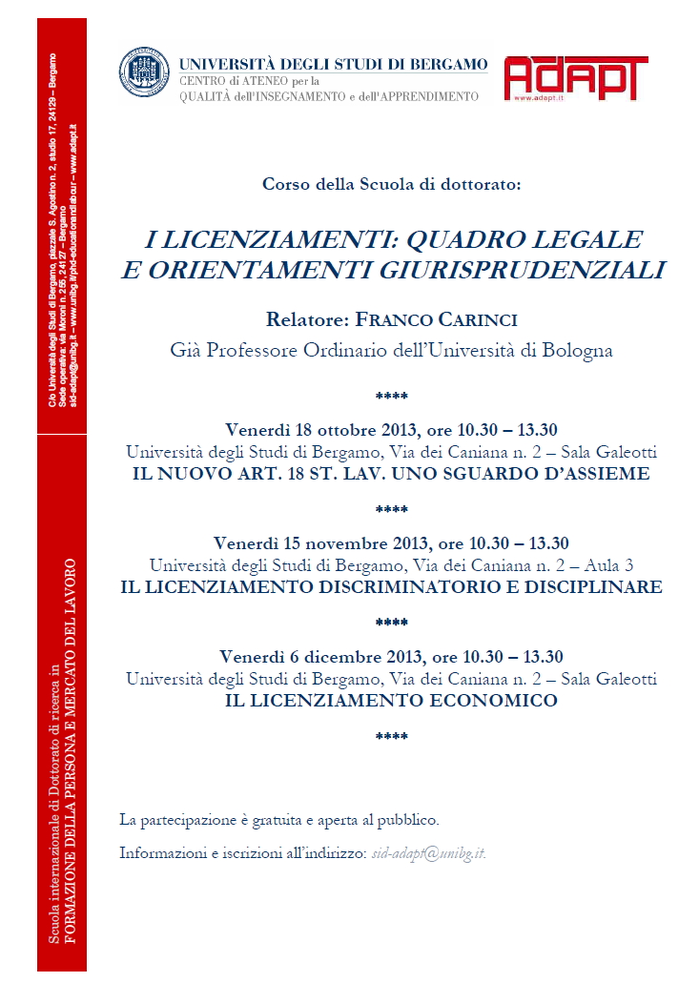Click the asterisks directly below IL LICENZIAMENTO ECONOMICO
(392, 736)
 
